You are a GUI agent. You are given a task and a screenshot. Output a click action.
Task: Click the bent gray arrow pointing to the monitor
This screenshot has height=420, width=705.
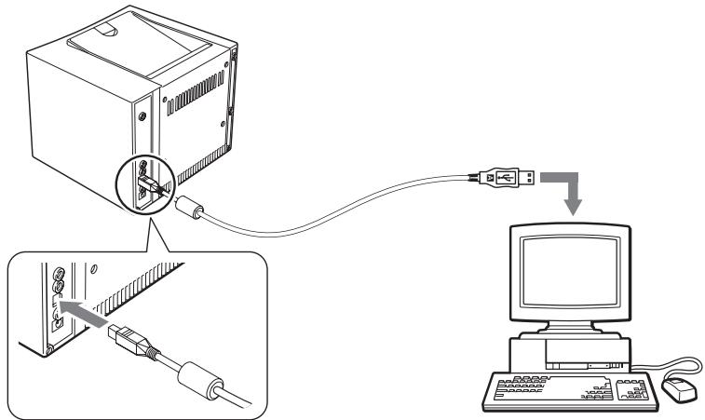coord(569,186)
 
